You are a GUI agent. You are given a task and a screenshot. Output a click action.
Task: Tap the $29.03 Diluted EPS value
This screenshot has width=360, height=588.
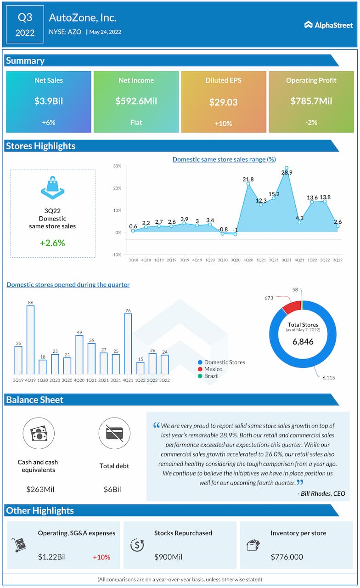coord(224,102)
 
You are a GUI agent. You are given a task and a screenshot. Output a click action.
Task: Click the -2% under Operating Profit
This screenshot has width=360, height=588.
coord(311,123)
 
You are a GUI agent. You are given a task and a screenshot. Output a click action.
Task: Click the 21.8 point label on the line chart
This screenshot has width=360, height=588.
coord(248,179)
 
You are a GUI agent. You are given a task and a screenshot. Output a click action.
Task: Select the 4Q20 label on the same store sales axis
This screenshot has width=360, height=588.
coord(248,260)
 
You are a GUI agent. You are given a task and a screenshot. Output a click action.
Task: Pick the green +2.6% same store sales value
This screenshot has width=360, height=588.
coord(52,243)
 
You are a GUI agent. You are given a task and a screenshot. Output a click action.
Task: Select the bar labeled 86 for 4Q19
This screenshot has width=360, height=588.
coord(30,339)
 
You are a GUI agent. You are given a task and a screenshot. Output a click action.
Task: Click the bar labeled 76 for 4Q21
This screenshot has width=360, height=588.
coord(128,344)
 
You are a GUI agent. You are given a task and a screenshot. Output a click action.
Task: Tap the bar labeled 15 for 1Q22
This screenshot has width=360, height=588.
coord(140,368)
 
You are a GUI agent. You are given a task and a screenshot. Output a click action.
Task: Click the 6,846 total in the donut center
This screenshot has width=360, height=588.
coord(304,342)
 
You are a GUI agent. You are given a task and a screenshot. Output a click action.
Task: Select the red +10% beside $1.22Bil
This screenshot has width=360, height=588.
coord(101,557)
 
